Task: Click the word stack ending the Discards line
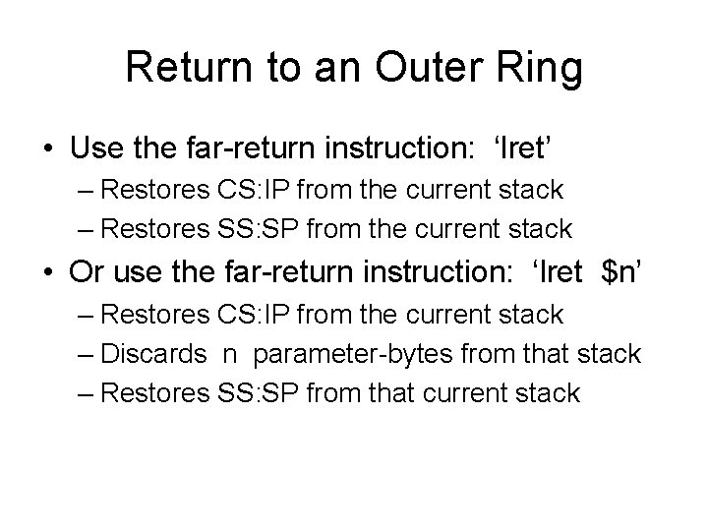pos(608,354)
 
